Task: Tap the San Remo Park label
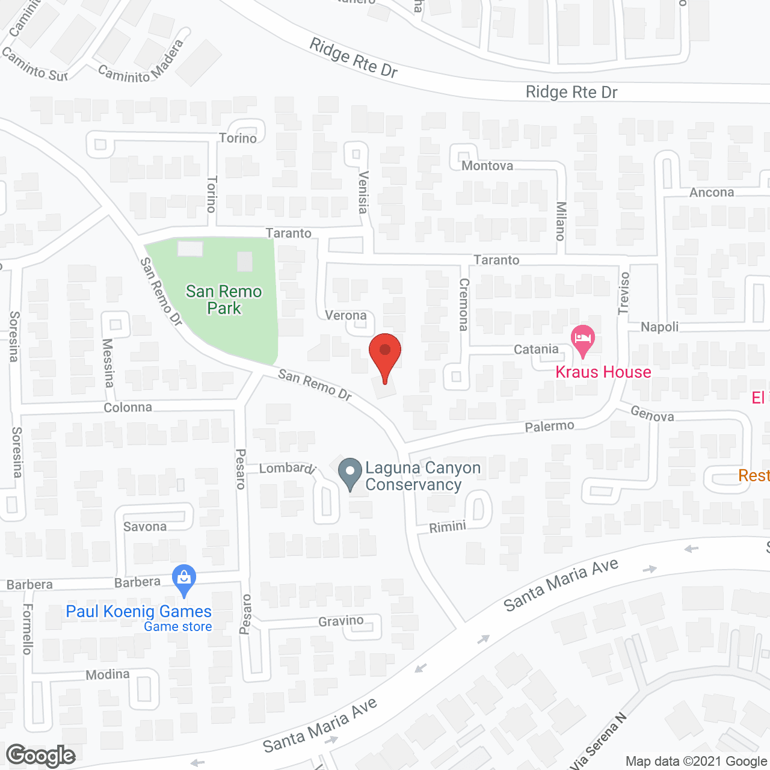tap(224, 300)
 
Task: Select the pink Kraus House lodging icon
tap(582, 340)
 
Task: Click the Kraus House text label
tap(603, 372)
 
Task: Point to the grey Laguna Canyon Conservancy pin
tap(350, 473)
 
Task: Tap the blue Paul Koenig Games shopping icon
tap(184, 579)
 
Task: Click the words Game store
tap(177, 627)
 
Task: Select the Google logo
tap(40, 756)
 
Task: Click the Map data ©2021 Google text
tap(696, 762)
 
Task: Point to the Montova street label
tap(487, 166)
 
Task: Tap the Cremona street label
tap(464, 304)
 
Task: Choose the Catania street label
tap(536, 350)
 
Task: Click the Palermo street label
tap(549, 427)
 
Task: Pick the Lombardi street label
tap(288, 468)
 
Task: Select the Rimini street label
tap(448, 528)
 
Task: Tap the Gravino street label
tap(341, 621)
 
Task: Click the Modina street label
tap(108, 674)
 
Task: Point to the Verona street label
tap(346, 315)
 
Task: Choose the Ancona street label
tap(712, 192)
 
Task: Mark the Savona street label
tap(145, 527)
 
